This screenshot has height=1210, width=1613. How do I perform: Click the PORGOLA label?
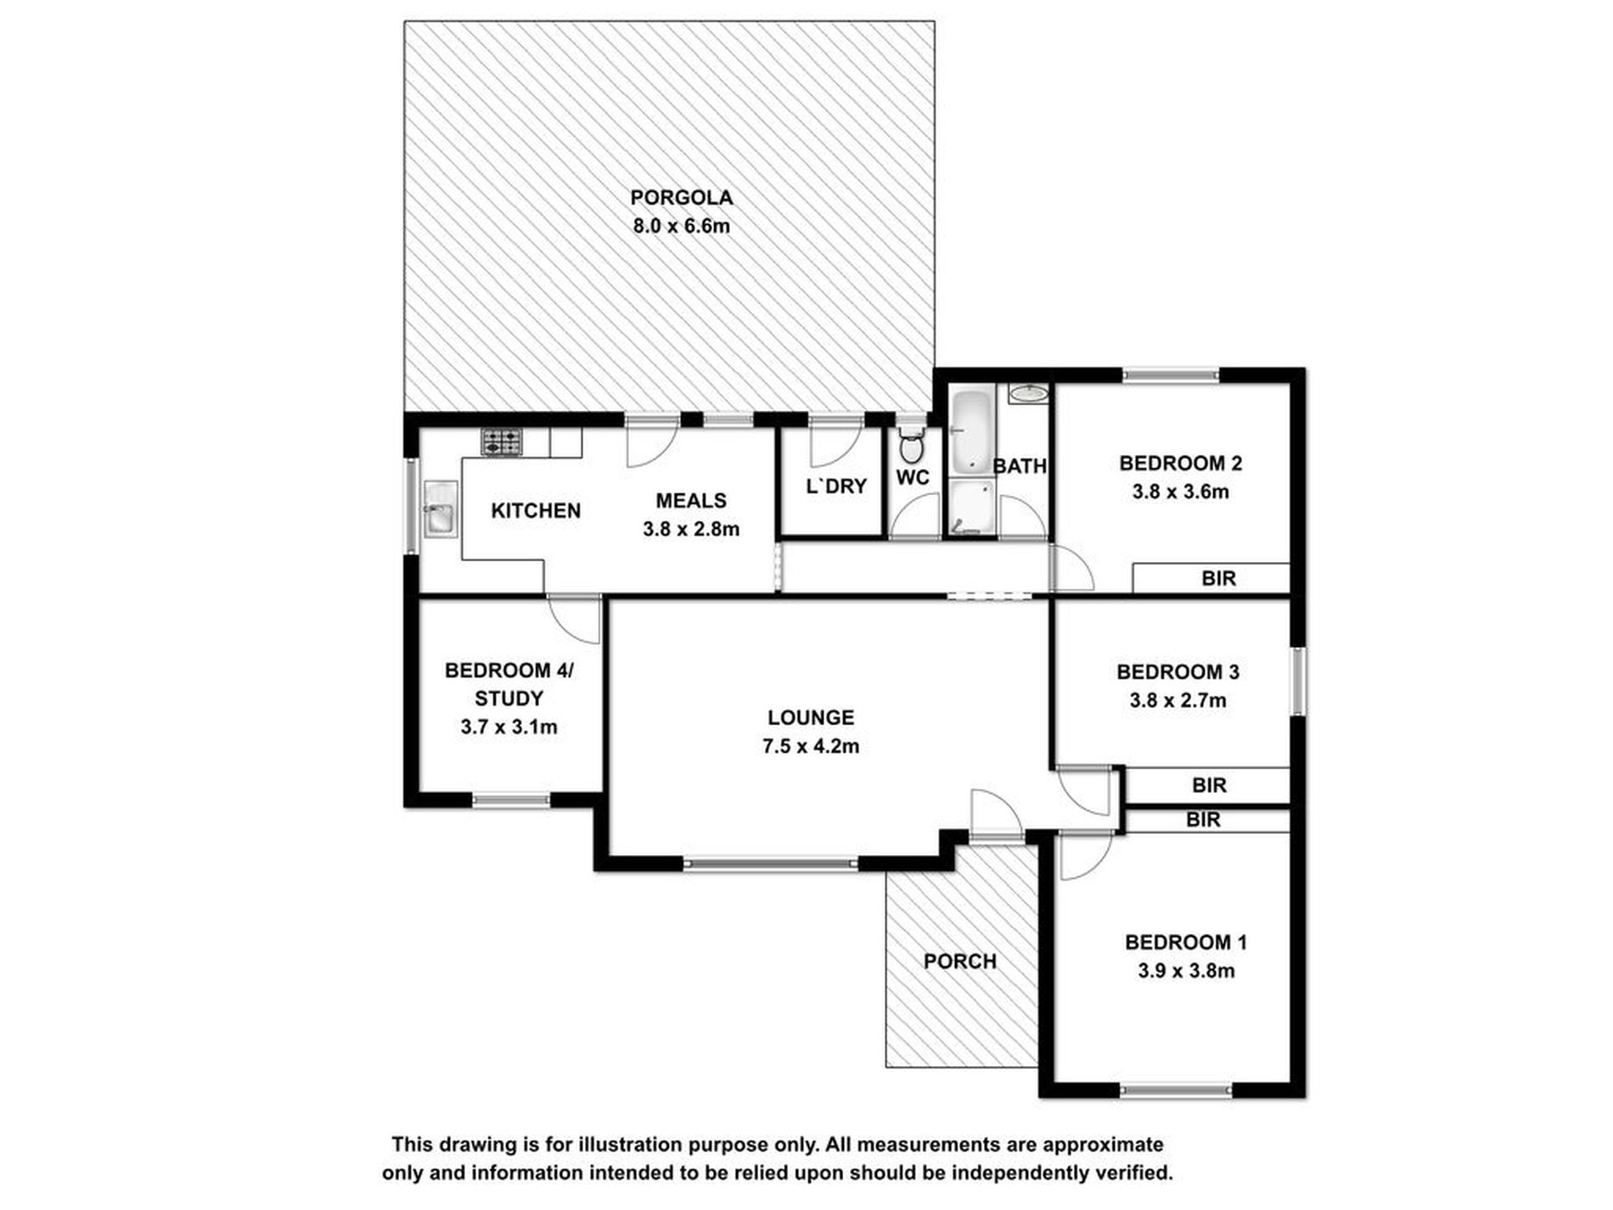tap(681, 198)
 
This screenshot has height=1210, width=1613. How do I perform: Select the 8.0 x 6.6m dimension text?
tap(681, 227)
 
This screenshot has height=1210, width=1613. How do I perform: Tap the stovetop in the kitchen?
tap(502, 442)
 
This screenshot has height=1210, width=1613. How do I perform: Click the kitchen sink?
tap(440, 509)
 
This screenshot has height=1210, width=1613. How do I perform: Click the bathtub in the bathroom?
tap(969, 433)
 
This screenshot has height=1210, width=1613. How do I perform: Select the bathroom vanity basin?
tap(1029, 393)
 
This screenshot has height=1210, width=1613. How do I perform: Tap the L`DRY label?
tap(835, 487)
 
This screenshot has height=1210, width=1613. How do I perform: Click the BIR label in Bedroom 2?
tap(1218, 579)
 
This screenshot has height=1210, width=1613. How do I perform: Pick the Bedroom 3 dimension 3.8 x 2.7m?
tap(1177, 701)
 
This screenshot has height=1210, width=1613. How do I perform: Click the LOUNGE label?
tap(811, 718)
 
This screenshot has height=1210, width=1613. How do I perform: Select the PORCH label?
tap(959, 961)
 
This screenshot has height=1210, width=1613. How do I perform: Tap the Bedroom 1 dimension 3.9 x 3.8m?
tap(1186, 971)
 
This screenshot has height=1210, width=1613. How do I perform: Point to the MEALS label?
tap(691, 501)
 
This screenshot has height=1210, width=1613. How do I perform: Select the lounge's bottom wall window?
tap(771, 864)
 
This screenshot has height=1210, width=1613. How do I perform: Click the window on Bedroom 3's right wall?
tap(1297, 682)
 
